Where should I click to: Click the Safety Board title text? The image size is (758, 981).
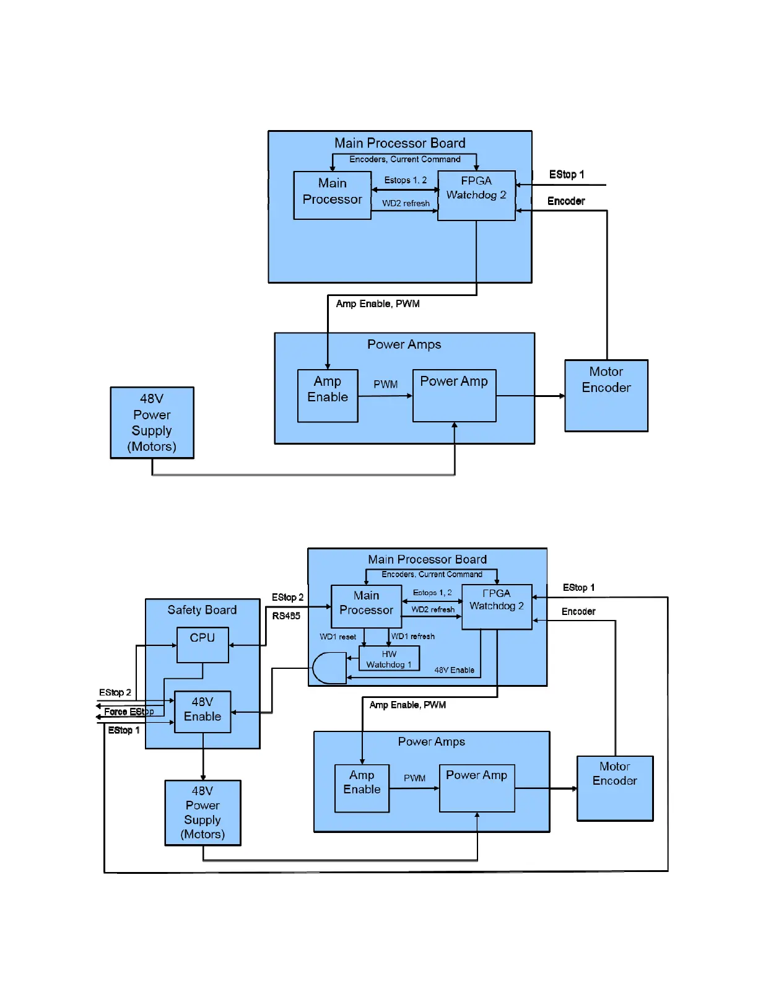coord(202,610)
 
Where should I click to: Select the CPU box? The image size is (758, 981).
coord(203,645)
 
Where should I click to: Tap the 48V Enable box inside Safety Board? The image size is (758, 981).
coord(203,712)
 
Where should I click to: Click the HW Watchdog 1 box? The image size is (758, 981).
coord(389,658)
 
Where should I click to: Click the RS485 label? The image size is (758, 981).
coord(286,616)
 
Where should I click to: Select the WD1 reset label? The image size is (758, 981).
coord(338,637)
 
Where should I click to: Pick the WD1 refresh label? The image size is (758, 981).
coord(413,637)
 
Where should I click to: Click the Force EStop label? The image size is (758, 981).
coord(129,712)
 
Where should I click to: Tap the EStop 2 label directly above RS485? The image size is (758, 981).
coord(287,598)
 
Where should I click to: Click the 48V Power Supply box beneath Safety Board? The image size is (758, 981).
coord(203,813)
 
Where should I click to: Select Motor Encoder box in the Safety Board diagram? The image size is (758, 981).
coord(615,788)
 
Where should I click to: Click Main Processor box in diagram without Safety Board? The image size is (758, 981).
coord(333,195)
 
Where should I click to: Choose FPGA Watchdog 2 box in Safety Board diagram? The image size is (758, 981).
coord(497,606)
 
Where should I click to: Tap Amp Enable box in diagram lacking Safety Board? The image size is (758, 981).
coord(328,396)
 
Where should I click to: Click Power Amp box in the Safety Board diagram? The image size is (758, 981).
coord(477,788)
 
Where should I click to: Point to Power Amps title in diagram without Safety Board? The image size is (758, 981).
coord(404,344)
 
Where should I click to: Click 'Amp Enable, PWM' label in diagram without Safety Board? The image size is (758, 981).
coord(378,304)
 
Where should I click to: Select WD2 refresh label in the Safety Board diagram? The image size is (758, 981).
coord(433,609)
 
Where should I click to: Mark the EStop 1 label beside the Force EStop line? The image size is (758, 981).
coord(124,731)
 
